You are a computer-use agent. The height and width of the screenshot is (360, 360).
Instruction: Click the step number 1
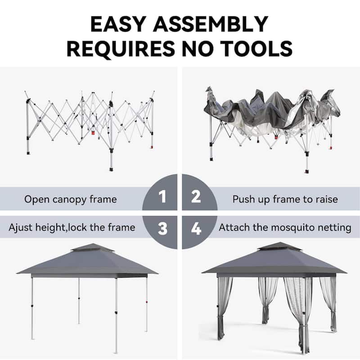(162, 197)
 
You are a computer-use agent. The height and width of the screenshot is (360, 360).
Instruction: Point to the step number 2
(196, 197)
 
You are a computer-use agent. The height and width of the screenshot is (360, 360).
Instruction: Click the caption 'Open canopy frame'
(71, 199)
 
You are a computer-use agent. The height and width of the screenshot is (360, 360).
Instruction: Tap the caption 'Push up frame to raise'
(285, 199)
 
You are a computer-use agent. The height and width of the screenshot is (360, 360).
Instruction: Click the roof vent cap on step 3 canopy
(90, 248)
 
